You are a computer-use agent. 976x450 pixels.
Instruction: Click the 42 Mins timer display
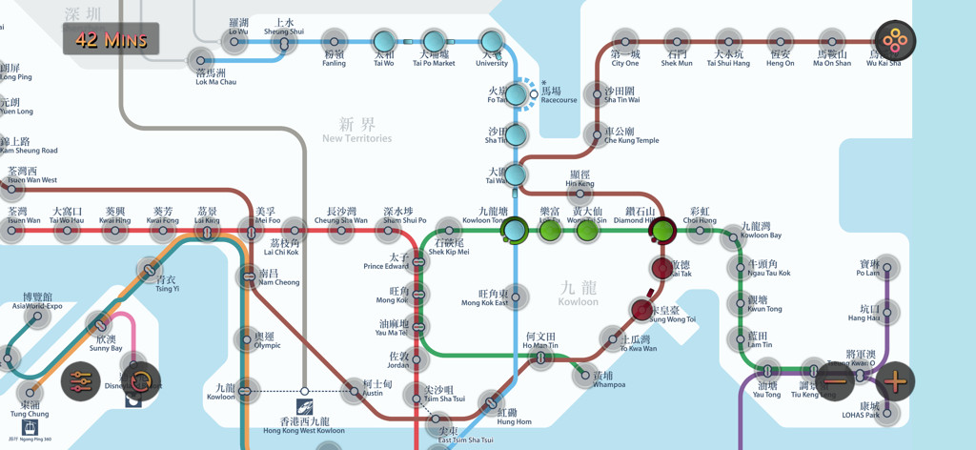pyautogui.click(x=112, y=39)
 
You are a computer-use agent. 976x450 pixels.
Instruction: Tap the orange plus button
pyautogui.click(x=895, y=382)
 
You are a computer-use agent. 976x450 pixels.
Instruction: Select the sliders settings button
pyautogui.click(x=81, y=382)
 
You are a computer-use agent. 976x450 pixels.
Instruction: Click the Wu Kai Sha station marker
pyautogui.click(x=895, y=41)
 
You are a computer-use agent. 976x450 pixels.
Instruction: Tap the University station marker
pyautogui.click(x=491, y=41)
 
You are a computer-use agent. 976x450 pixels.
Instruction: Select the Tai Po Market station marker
pyautogui.click(x=434, y=41)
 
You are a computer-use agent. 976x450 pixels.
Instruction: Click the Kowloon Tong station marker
pyautogui.click(x=515, y=230)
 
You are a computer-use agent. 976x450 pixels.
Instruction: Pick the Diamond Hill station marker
pyautogui.click(x=662, y=230)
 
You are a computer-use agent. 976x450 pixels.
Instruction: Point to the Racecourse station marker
pyautogui.click(x=534, y=93)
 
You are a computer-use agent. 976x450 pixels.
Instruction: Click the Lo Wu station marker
pyautogui.click(x=239, y=42)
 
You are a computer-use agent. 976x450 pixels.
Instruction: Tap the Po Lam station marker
pyautogui.click(x=886, y=268)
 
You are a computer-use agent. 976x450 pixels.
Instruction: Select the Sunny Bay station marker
pyautogui.click(x=98, y=324)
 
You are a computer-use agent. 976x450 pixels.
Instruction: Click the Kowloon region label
pyautogui.click(x=578, y=293)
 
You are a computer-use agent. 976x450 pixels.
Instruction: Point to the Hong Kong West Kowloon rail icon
pyautogui.click(x=304, y=408)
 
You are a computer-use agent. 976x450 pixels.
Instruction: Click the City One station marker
pyautogui.click(x=625, y=42)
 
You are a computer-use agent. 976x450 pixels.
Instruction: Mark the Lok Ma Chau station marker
pyautogui.click(x=200, y=59)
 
